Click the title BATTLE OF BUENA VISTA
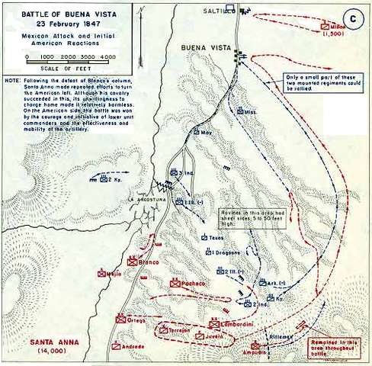[70, 13]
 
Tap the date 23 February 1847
[70, 23]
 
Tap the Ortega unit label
[136, 319]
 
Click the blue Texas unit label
[219, 238]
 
